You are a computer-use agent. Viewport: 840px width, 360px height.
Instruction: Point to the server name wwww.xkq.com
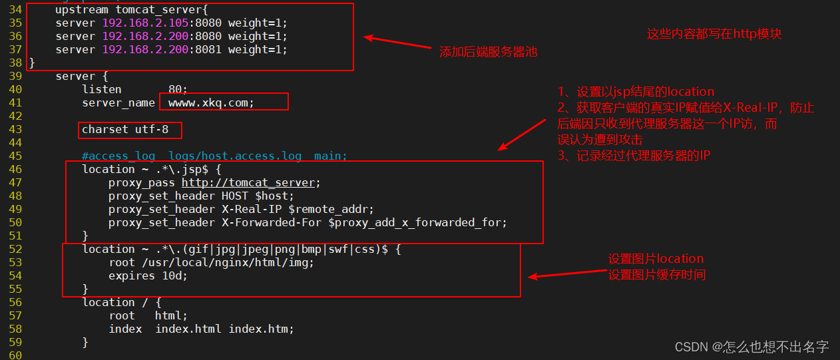coord(211,103)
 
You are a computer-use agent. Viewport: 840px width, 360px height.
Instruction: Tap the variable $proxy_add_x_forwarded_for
coord(417,223)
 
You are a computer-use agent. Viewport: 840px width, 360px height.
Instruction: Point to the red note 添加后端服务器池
coord(488,52)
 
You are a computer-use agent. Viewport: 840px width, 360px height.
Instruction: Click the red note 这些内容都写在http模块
coord(714,34)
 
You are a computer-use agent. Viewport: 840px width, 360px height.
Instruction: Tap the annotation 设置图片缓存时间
coord(656,274)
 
